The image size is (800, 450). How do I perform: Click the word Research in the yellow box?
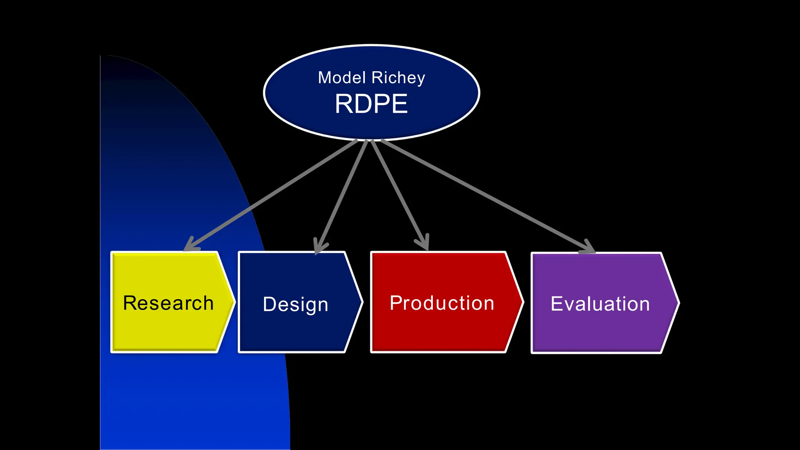click(168, 303)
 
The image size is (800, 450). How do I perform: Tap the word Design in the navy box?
click(295, 304)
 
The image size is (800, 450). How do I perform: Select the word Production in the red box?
click(442, 303)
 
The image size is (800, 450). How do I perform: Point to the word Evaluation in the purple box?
click(600, 304)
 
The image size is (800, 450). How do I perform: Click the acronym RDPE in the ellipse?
click(371, 104)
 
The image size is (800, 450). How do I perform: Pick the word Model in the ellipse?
click(342, 78)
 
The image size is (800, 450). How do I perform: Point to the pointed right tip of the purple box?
click(678, 303)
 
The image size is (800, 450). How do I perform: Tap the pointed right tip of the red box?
click(522, 302)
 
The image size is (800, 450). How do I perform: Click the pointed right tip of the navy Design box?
click(362, 302)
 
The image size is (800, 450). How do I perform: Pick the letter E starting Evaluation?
click(556, 304)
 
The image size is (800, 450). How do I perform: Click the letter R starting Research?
click(130, 303)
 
